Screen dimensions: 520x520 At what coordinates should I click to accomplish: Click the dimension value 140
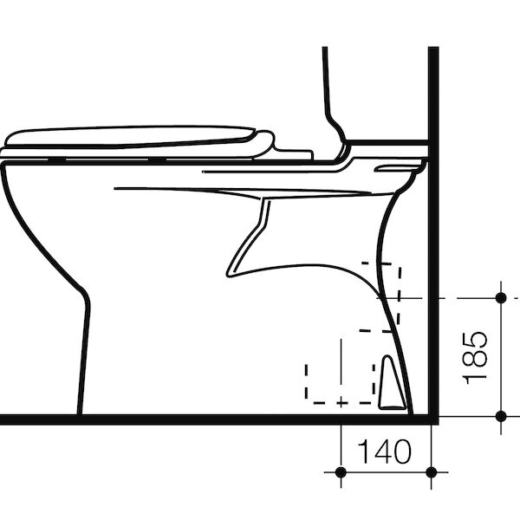384,452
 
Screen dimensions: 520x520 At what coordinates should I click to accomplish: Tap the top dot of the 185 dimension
501,297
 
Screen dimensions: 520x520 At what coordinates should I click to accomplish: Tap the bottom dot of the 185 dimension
501,416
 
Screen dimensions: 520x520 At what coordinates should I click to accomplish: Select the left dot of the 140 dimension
341,471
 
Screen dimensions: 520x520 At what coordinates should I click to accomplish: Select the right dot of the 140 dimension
431,471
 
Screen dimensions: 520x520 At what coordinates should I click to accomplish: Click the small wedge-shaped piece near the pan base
390,382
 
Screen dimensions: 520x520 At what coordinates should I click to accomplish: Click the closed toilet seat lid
130,137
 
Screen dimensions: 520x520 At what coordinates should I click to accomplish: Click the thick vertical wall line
432,217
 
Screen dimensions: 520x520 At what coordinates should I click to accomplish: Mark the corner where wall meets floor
432,419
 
